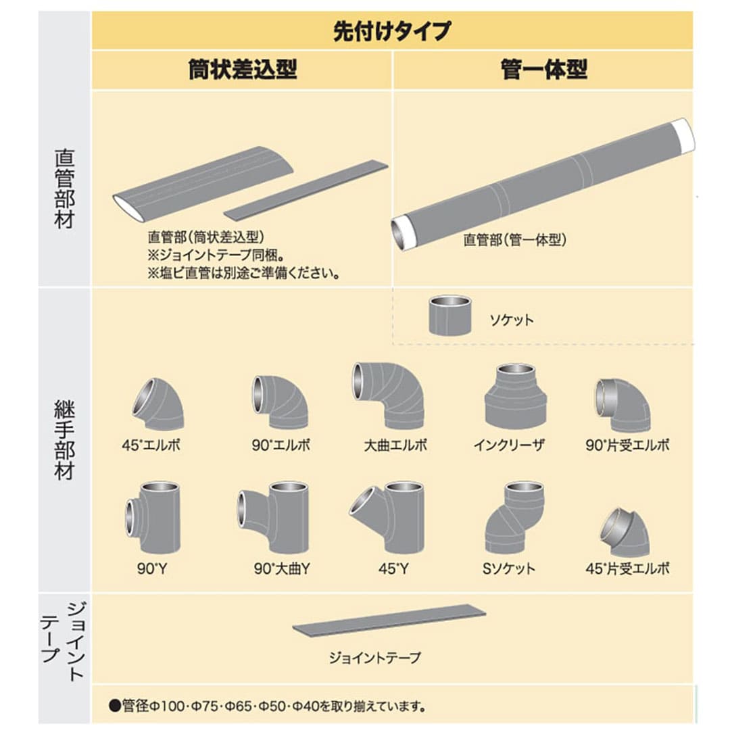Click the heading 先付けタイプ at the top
pos(392,31)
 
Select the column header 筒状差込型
pos(243,70)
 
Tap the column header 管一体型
pos(543,70)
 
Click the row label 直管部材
pos(64,189)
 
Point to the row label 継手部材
pos(64,439)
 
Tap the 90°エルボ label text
pos(281,445)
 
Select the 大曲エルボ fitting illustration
pos(388,395)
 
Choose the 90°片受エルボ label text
pos(627,445)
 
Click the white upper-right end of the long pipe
pos(683,137)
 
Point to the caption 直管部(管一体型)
pos(515,240)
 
